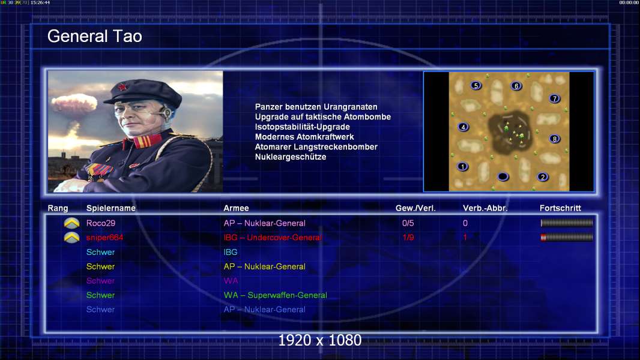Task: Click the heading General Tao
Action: coord(95,36)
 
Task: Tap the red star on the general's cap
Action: coord(122,86)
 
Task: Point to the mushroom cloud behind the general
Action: coord(74,104)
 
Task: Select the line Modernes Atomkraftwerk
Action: coord(304,137)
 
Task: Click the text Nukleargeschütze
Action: coord(290,157)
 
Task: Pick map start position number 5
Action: coord(476,86)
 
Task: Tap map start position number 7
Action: coord(554,98)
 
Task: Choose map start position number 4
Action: coord(463,127)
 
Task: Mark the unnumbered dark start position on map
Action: coord(503,176)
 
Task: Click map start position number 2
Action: coord(543,176)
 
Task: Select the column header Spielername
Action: coord(110,208)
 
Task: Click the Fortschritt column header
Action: coord(560,208)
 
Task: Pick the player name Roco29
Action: coord(101,223)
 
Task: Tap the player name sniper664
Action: coord(104,237)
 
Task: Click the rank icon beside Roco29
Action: coord(72,223)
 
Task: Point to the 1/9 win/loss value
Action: coord(408,237)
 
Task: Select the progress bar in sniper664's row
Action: coord(567,237)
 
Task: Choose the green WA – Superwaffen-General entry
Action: coord(275,295)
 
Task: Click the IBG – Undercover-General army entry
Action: coord(272,237)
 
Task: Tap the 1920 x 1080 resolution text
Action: coord(320,340)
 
